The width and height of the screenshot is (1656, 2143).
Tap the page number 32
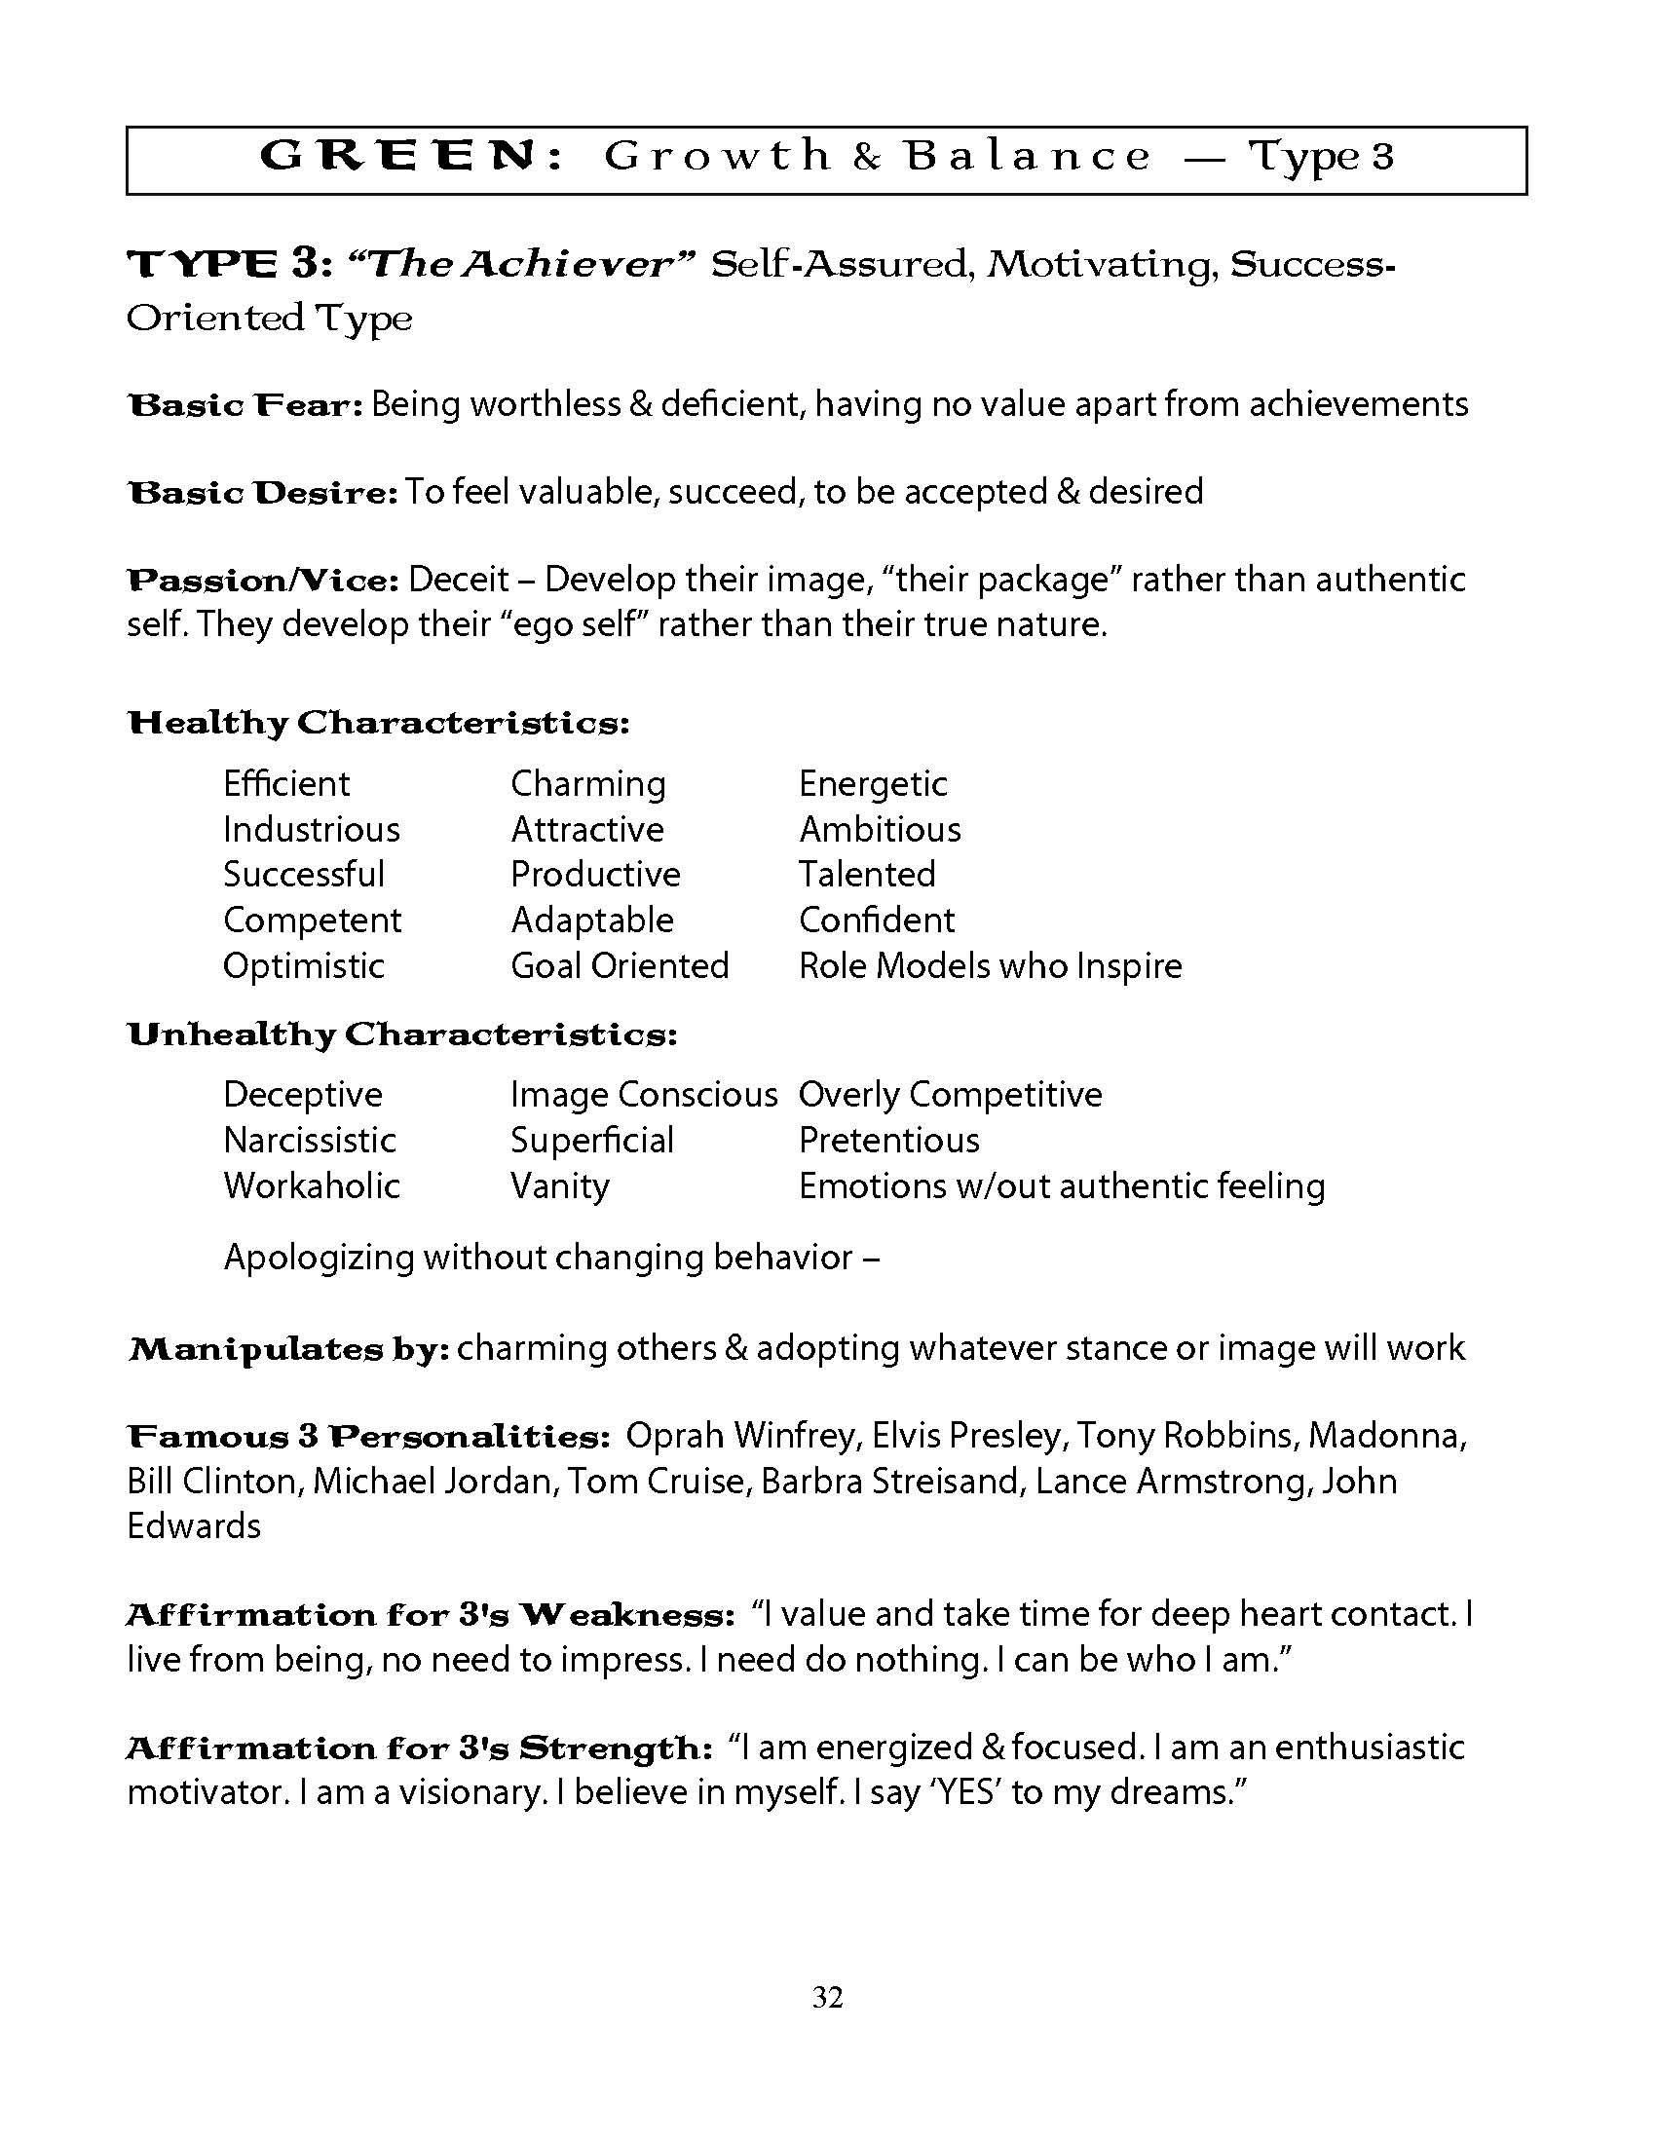coord(827,1997)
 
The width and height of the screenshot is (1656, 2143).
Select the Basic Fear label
coord(245,405)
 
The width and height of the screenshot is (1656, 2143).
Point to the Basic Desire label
coord(262,493)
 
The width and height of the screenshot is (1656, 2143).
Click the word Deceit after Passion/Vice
coord(458,580)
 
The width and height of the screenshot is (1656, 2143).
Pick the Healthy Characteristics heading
coord(378,723)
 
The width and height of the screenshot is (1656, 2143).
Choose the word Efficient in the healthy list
coord(285,784)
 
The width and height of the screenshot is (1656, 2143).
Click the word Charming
coord(587,784)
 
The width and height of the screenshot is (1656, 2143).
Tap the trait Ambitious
coord(880,830)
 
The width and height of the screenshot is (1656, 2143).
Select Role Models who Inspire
coord(990,966)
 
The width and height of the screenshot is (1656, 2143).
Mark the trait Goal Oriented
coord(619,966)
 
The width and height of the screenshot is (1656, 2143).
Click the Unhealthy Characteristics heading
coord(402,1034)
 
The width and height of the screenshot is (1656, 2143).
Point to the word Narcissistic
coord(309,1141)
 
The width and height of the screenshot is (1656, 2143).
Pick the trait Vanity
coord(559,1186)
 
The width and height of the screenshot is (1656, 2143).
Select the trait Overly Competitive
coord(950,1095)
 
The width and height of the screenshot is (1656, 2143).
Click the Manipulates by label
coord(288,1349)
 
